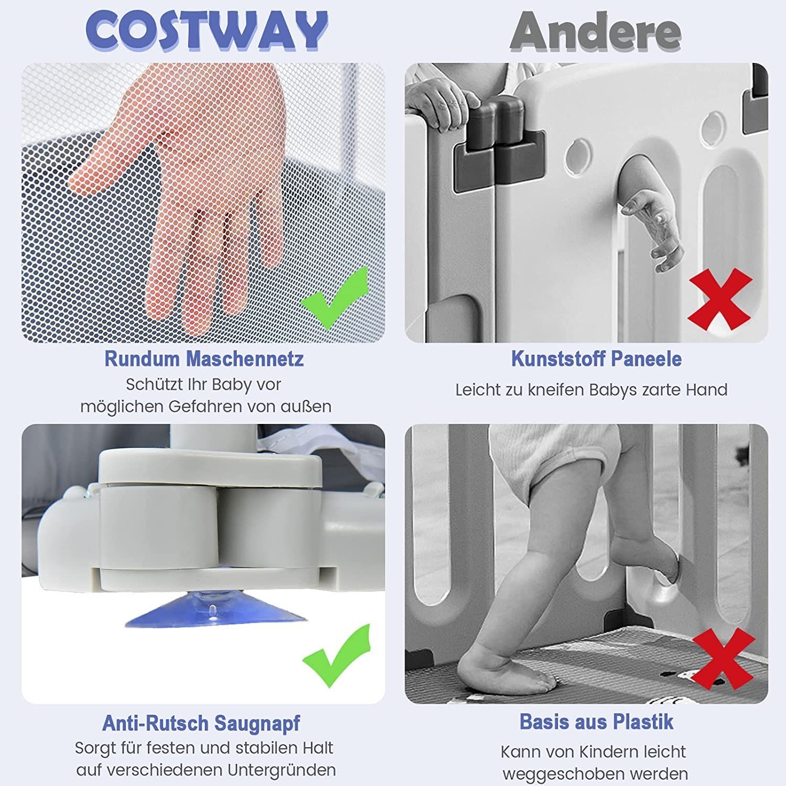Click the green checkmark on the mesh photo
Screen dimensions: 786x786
335,297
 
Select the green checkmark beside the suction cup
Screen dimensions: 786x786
336,656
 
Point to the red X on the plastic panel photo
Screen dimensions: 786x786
720,299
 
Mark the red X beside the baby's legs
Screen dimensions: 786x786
723,659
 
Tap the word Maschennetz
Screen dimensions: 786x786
245,359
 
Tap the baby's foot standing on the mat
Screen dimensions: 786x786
506,668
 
